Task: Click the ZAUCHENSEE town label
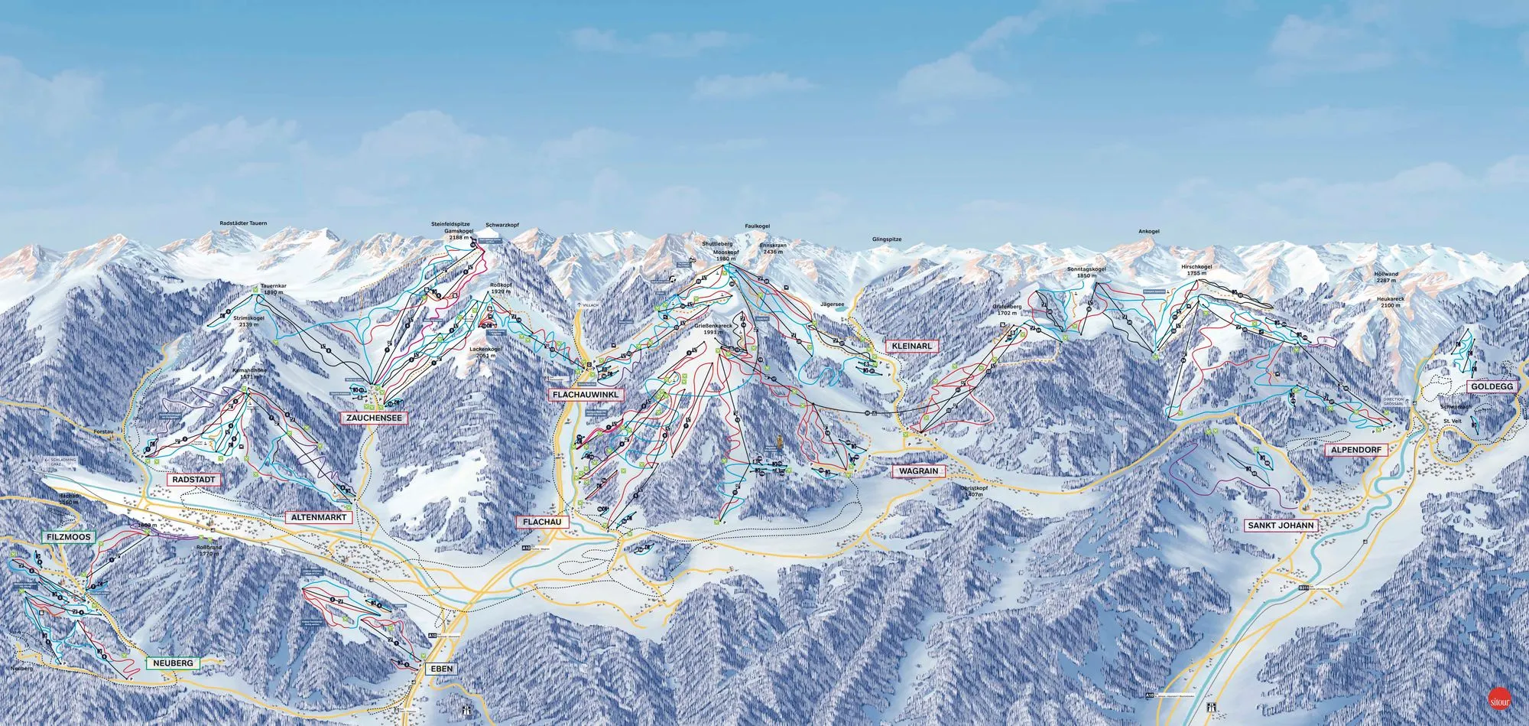tap(374, 418)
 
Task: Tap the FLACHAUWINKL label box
tap(586, 395)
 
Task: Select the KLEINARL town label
tap(912, 347)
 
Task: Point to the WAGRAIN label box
tap(918, 471)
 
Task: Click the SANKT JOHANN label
tap(1281, 526)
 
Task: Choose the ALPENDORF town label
tap(1356, 450)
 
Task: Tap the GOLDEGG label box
tap(1491, 387)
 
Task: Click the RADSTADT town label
tap(194, 480)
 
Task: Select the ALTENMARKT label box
tap(320, 518)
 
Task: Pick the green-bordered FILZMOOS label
tap(69, 537)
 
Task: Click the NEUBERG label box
tap(173, 663)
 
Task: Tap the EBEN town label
tap(442, 669)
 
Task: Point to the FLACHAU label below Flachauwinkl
tap(542, 522)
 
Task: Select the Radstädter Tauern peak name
tap(243, 223)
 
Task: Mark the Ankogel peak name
tap(1148, 231)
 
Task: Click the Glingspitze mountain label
tap(887, 239)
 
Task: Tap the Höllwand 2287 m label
tap(1387, 277)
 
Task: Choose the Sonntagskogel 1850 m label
tap(1086, 272)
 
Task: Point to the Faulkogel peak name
tap(757, 226)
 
